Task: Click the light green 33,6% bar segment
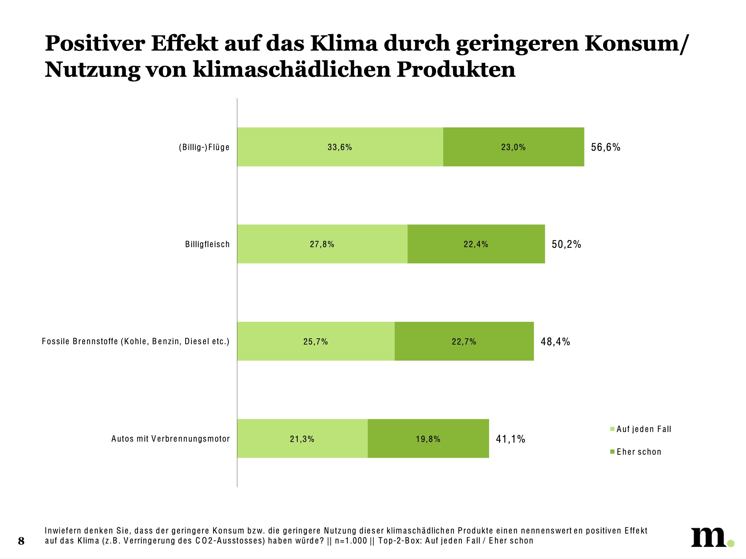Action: pyautogui.click(x=340, y=147)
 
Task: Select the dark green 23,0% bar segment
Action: pyautogui.click(x=514, y=147)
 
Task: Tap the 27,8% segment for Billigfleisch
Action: pyautogui.click(x=322, y=244)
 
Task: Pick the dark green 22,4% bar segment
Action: pyautogui.click(x=476, y=244)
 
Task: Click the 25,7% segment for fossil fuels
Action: pyautogui.click(x=315, y=341)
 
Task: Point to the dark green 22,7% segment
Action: pyautogui.click(x=464, y=341)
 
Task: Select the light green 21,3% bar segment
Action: pyautogui.click(x=302, y=439)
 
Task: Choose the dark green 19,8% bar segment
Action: pyautogui.click(x=428, y=439)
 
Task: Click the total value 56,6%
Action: pyautogui.click(x=605, y=147)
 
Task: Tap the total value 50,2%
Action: pyautogui.click(x=566, y=244)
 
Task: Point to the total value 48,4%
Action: pyautogui.click(x=555, y=342)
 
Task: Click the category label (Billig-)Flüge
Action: pyautogui.click(x=204, y=147)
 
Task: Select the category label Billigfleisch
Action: pyautogui.click(x=207, y=244)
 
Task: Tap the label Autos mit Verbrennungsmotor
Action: pyautogui.click(x=170, y=439)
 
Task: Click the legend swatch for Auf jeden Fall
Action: pyautogui.click(x=612, y=429)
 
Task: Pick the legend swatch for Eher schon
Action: pyautogui.click(x=612, y=452)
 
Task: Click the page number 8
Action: pyautogui.click(x=21, y=541)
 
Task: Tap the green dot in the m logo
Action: pyautogui.click(x=731, y=544)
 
